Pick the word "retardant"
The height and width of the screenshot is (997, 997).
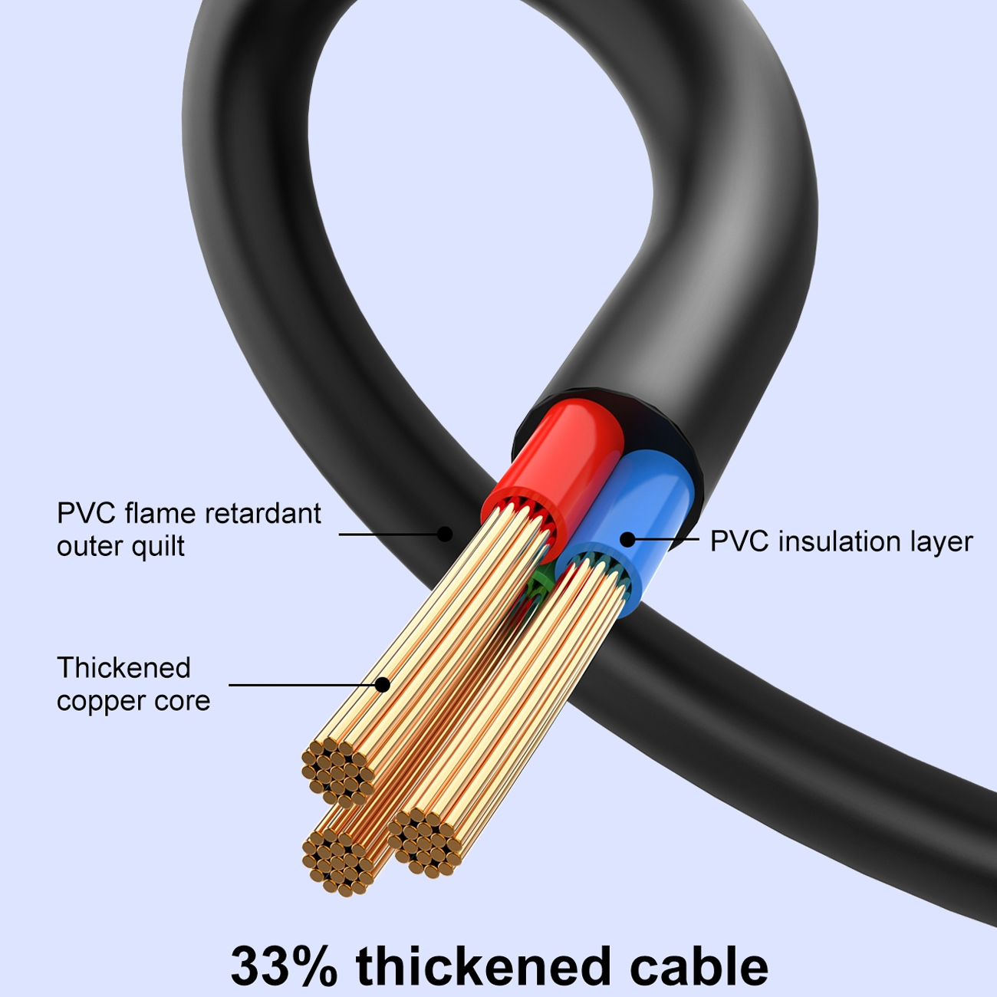click(263, 513)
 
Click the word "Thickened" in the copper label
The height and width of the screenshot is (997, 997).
click(123, 667)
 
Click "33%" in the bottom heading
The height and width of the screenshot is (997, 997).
click(284, 966)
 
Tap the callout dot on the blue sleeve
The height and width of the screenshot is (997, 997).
click(627, 540)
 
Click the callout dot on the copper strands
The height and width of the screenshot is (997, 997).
click(383, 685)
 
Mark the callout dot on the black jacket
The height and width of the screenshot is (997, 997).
click(445, 534)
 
